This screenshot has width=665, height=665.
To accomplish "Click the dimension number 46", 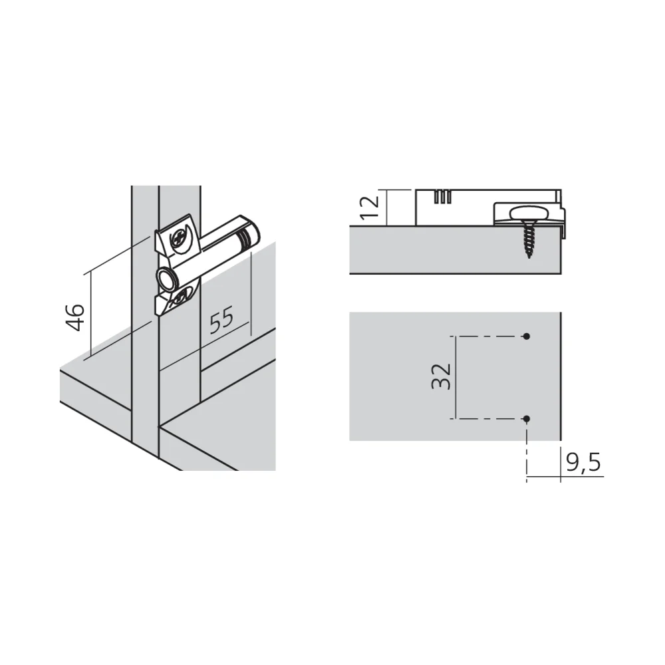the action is coord(75,317).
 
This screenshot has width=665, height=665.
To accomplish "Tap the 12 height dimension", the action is coord(370,207).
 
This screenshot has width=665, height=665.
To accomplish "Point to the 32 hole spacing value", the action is coord(441,376).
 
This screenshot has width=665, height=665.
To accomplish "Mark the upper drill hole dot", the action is coord(527,336).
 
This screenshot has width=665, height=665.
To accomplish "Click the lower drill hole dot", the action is coord(527,419).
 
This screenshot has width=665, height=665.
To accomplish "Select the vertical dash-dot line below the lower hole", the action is coord(527,452).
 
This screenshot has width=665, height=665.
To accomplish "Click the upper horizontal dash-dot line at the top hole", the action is coord(487,336).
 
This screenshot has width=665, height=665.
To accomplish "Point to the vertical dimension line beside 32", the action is coord(456,378).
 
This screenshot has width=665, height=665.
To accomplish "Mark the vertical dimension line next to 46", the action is coord(91,315).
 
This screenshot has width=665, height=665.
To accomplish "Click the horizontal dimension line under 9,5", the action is coord(565,477).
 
